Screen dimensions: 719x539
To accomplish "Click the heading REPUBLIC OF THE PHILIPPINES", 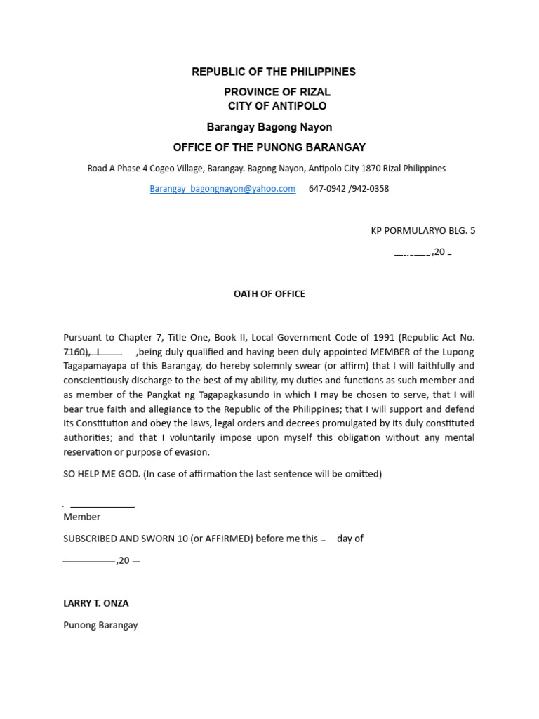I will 274,72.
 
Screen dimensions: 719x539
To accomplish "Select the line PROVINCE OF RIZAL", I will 277,93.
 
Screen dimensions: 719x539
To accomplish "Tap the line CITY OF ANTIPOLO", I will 277,106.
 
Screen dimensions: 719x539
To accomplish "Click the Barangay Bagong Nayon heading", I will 269,127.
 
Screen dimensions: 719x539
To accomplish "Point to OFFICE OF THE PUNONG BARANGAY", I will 269,147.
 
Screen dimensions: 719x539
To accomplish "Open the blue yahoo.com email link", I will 222,189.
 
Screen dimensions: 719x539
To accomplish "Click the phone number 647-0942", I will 327,189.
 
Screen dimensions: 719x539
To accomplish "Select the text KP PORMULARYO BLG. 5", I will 422,230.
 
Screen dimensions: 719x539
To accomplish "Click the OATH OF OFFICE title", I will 269,294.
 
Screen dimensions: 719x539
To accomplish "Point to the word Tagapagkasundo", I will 211,395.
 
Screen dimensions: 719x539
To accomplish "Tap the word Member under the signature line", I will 82,517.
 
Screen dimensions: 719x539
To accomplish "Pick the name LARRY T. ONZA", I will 96,603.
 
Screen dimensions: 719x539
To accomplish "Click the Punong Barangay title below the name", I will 100,625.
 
